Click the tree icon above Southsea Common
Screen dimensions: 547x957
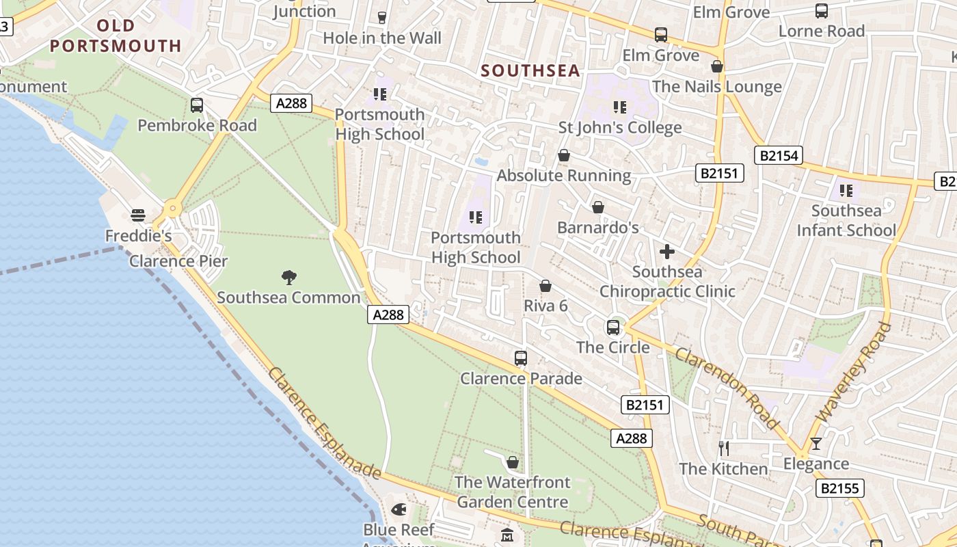289,277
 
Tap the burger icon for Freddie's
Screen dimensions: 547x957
138,215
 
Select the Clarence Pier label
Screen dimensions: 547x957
178,261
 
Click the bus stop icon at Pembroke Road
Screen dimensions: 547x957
197,105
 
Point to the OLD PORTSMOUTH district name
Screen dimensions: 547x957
116,36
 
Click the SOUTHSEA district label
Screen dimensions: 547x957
530,70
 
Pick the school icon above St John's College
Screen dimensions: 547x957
620,107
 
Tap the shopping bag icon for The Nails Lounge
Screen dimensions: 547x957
717,66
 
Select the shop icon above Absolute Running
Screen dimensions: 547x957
564,155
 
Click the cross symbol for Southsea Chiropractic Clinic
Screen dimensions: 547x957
667,252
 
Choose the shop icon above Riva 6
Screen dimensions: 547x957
545,285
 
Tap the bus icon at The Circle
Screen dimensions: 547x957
613,327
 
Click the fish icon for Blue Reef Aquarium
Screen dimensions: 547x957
399,509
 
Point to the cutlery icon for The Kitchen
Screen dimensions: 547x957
724,449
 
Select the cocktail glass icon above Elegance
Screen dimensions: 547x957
816,443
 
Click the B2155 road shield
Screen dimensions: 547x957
840,488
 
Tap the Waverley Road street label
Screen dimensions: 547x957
854,373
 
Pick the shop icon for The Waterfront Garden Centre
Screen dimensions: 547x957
513,462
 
